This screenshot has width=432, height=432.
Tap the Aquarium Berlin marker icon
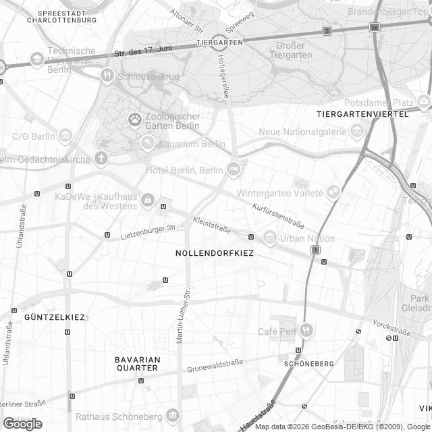(x=147, y=143)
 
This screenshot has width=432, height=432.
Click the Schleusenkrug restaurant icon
(x=107, y=76)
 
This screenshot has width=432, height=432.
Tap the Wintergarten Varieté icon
(x=333, y=192)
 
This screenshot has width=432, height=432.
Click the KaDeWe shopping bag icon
(x=147, y=200)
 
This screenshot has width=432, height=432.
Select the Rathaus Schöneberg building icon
(x=174, y=415)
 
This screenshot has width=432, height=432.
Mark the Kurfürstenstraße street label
(x=278, y=215)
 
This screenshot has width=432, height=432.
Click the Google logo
(x=22, y=423)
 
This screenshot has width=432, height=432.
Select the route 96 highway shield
(x=374, y=28)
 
